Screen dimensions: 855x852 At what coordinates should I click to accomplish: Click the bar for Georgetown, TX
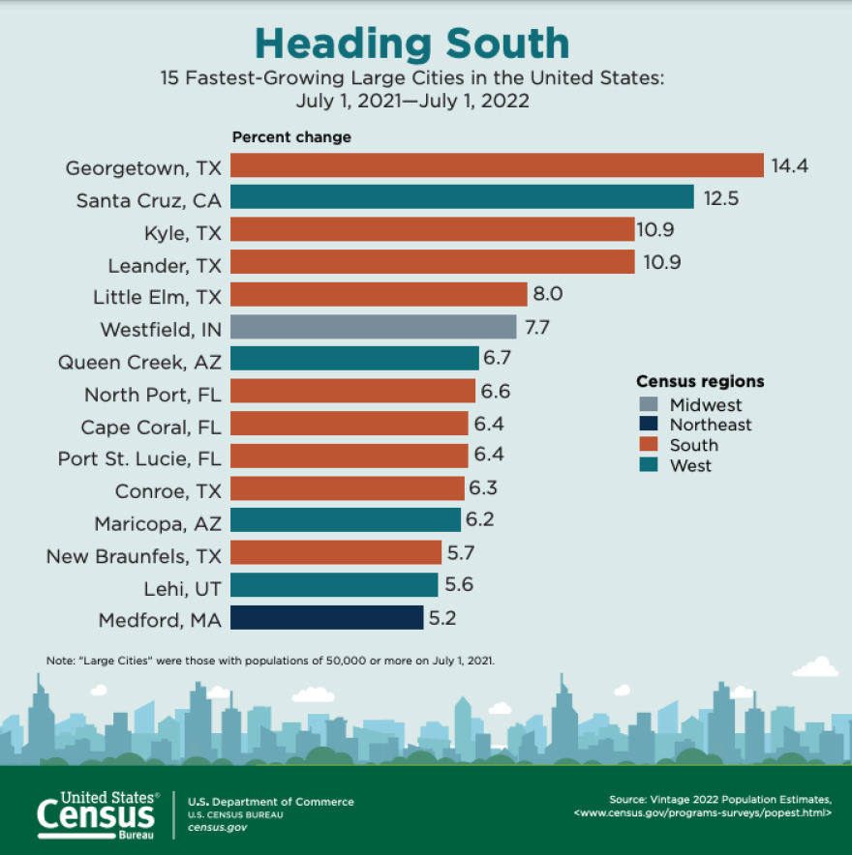[x=497, y=166]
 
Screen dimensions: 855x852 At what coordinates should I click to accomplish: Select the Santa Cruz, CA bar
[x=462, y=198]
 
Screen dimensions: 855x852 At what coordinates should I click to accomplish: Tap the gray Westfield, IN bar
[x=373, y=327]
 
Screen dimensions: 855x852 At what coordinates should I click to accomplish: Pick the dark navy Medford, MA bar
[x=326, y=617]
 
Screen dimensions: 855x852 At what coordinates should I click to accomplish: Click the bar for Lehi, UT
[x=334, y=585]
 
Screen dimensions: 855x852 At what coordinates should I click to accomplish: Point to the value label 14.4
[x=789, y=166]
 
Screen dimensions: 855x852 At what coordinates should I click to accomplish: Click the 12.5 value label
[x=719, y=198]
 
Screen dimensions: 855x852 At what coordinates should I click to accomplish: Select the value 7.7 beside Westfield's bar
[x=537, y=327]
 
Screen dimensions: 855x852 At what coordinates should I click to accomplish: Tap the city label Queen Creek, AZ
[x=139, y=363]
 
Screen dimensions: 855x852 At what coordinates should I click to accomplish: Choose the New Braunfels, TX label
[x=134, y=555]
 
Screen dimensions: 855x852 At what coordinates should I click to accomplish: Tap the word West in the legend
[x=690, y=465]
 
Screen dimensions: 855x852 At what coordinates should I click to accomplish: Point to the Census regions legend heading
[x=700, y=381]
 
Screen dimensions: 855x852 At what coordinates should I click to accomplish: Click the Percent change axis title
[x=291, y=137]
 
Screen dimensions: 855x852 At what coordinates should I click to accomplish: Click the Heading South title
[x=411, y=44]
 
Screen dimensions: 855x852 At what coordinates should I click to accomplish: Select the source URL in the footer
[x=702, y=813]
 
